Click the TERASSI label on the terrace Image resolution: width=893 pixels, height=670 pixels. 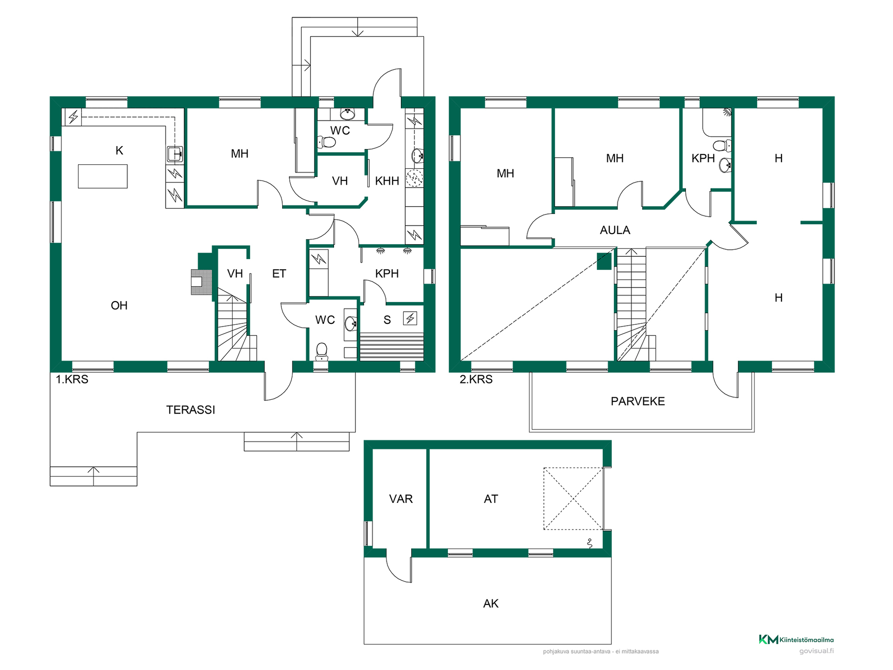191,410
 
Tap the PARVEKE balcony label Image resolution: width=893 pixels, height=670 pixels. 638,402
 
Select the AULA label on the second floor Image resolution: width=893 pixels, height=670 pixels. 615,230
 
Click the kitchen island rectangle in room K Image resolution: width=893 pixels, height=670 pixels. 103,176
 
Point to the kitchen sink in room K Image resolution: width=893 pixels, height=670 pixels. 175,154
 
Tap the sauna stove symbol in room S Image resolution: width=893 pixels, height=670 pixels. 410,318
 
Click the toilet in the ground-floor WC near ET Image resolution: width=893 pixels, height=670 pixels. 321,352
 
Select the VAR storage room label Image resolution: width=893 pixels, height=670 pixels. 401,499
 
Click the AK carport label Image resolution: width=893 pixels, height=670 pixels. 491,604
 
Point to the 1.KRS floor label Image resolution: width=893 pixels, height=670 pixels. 72,380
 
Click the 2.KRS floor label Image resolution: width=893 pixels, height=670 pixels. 476,380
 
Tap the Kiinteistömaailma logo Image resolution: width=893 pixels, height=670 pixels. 796,640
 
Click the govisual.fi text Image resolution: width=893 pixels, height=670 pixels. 816,651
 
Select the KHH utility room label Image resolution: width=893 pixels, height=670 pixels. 387,181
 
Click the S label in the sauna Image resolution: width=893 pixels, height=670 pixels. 387,320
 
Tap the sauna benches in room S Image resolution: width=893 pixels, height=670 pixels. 392,347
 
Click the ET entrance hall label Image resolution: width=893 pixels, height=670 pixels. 279,274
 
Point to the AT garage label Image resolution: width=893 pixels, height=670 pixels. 491,499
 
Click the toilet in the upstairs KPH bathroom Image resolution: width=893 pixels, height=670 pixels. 722,146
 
